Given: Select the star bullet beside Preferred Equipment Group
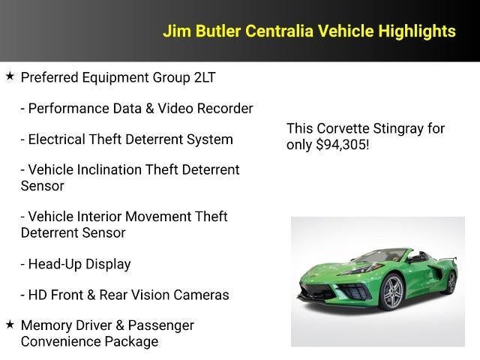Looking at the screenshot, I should tap(10, 76).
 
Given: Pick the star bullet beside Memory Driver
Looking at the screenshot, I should tap(10, 325).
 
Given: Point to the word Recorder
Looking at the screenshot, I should tap(225, 109).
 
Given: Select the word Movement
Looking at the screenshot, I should tap(157, 217).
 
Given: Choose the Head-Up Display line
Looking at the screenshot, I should tap(79, 264).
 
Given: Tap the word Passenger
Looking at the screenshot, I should tap(161, 325).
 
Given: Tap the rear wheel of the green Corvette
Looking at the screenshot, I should tap(451, 281).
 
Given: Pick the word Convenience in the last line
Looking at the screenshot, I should tap(58, 341).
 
